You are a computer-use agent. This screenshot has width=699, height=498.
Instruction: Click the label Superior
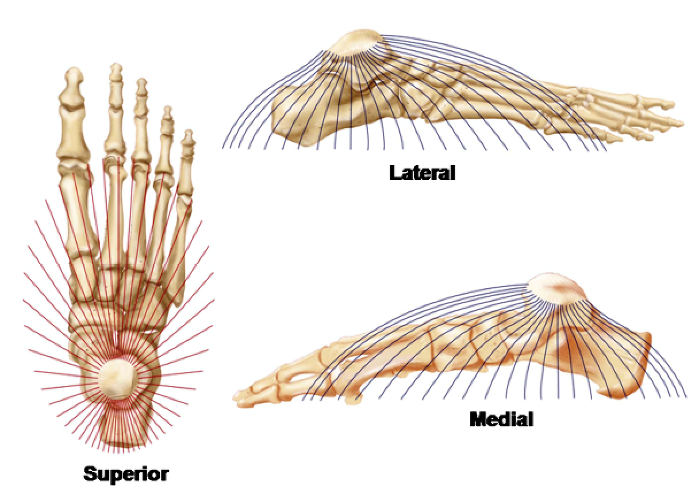(x=126, y=474)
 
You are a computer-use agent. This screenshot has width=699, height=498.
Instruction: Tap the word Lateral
(x=422, y=172)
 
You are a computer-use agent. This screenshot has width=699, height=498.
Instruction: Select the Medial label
(x=501, y=419)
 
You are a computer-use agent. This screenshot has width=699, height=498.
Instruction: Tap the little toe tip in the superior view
(x=188, y=137)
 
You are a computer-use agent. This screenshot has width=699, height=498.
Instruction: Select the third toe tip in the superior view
(x=141, y=85)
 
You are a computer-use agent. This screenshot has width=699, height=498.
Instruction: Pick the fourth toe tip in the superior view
(x=167, y=112)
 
